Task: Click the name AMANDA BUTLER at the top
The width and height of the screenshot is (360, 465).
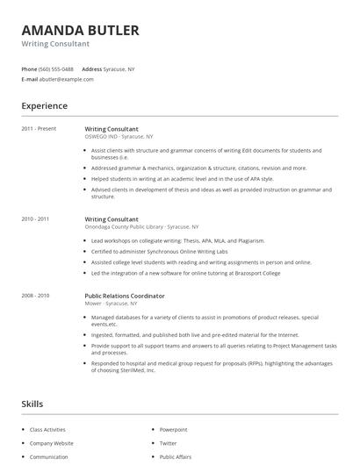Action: coord(80,30)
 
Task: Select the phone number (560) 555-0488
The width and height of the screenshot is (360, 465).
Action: coord(56,68)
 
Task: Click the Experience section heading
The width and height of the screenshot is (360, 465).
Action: coord(44,106)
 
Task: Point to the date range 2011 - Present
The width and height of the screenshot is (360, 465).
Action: coord(39,129)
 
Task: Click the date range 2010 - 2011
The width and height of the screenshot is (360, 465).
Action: coord(35,218)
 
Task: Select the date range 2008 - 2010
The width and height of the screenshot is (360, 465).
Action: coord(35,296)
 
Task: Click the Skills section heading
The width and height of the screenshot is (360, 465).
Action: coord(32,404)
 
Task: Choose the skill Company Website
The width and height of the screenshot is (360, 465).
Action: coord(52,443)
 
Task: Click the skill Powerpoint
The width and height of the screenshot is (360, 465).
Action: coord(174,430)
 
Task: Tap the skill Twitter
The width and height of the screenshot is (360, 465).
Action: coord(168,443)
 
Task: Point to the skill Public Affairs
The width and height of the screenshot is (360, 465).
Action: coord(176,456)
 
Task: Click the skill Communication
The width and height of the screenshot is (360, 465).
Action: coord(49,456)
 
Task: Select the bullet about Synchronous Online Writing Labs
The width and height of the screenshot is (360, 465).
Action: coord(158,252)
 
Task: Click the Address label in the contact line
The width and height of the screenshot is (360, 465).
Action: coord(91,68)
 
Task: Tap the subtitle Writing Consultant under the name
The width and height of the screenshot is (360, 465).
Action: coord(48,43)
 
